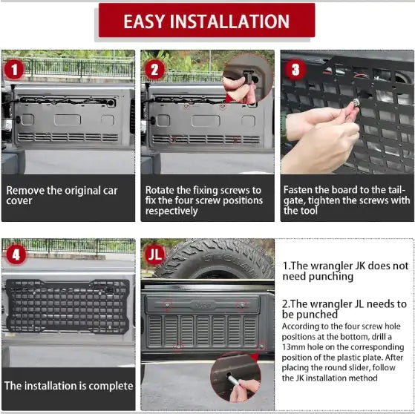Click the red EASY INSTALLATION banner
click(x=206, y=21)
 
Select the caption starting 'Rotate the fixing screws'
click(x=203, y=200)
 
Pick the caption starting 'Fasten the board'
click(x=346, y=200)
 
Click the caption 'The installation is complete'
click(x=68, y=386)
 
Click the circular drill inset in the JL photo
click(x=235, y=377)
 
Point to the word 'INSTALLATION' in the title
click(x=238, y=21)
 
